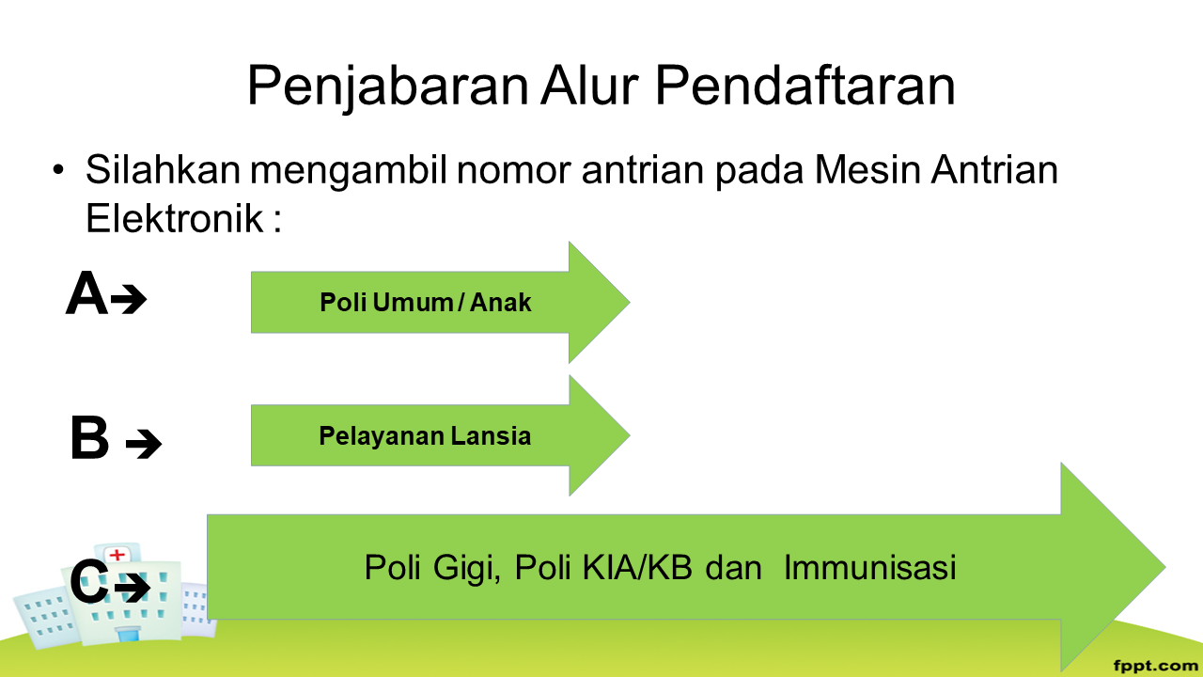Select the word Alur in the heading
click(x=589, y=85)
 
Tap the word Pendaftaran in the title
click(x=805, y=85)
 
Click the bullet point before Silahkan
click(x=58, y=170)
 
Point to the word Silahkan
click(x=163, y=170)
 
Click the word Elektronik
click(x=175, y=219)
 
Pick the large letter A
click(x=86, y=293)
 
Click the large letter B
click(x=89, y=437)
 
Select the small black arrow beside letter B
click(x=144, y=444)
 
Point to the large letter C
click(x=89, y=581)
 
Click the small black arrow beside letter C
click(x=133, y=587)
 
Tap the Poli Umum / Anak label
click(x=426, y=303)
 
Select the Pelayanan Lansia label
click(x=425, y=435)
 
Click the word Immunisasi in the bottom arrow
click(x=870, y=567)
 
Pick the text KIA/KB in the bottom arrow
click(x=637, y=567)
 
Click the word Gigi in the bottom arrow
click(x=467, y=570)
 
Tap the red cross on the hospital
click(x=117, y=555)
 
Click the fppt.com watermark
click(x=1156, y=667)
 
